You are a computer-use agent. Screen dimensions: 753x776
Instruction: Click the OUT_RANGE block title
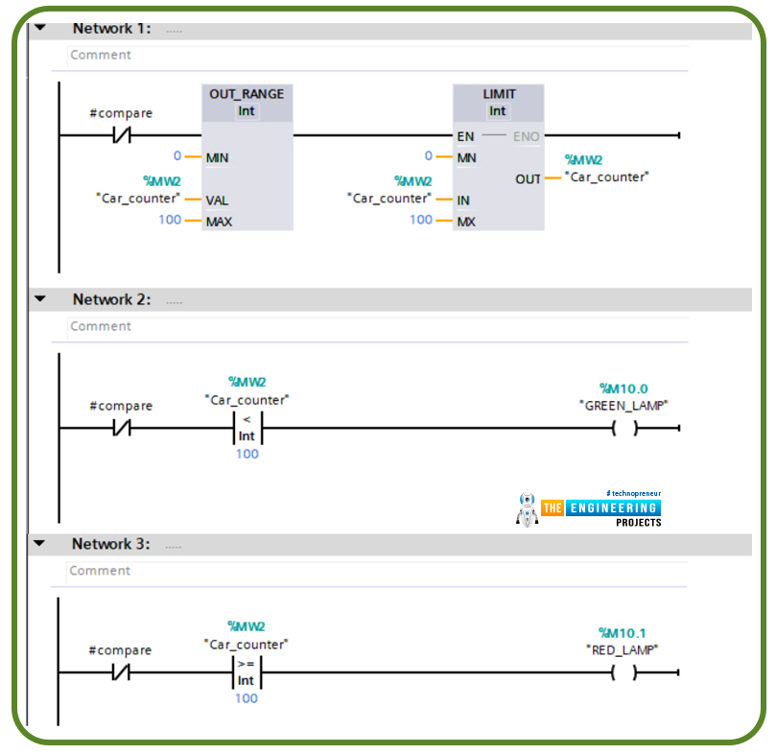click(247, 94)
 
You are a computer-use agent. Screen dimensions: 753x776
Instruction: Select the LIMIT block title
click(499, 94)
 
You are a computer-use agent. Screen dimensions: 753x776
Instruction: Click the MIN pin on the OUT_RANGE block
click(218, 157)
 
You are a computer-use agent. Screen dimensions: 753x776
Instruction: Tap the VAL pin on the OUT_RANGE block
click(217, 200)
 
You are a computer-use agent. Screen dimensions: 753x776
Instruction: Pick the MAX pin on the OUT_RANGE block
click(218, 222)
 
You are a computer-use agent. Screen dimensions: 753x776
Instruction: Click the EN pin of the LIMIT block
click(465, 136)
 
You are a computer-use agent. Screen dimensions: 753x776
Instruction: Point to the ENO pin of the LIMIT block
click(526, 136)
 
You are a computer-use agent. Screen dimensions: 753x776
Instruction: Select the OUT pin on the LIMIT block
click(528, 178)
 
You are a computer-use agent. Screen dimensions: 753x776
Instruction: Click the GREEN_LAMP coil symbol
click(623, 428)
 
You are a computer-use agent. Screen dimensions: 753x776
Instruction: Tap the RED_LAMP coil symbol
click(623, 672)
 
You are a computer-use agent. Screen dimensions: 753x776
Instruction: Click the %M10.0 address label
click(623, 388)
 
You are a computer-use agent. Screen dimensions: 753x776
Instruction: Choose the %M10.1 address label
click(623, 633)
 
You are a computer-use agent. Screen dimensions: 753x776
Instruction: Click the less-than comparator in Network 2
click(247, 427)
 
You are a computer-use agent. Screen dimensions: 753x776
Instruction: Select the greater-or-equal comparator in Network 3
click(247, 671)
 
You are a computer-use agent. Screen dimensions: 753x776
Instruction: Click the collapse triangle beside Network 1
click(40, 28)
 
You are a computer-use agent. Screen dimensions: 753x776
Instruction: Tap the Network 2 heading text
click(111, 299)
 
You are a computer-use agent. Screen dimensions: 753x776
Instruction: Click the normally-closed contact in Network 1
click(121, 135)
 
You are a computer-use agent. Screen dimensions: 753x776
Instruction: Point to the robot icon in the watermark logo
click(526, 509)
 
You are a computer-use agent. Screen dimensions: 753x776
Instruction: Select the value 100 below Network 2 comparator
click(247, 454)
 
